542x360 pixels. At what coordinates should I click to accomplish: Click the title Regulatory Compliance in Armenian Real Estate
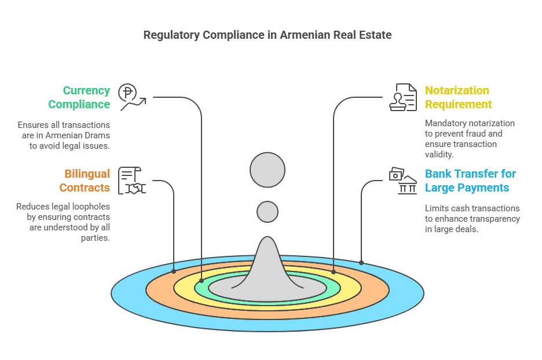tap(267, 35)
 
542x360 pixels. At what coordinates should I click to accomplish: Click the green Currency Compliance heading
tap(79, 97)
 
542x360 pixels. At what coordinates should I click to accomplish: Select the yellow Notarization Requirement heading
tap(458, 97)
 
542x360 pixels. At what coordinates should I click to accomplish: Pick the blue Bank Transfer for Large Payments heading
tap(470, 181)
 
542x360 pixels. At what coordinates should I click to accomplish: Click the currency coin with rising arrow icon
tap(131, 97)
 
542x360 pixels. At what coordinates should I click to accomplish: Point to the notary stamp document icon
tap(403, 97)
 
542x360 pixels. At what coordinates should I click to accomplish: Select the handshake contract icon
tap(132, 181)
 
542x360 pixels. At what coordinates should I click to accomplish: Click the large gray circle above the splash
tap(268, 170)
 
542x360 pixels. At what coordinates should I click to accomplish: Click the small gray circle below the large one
tap(268, 212)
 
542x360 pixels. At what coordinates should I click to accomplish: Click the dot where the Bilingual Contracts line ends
tap(174, 271)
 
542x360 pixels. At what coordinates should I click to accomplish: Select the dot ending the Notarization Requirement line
tap(334, 271)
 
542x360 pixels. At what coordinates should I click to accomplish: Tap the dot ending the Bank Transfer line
tap(361, 263)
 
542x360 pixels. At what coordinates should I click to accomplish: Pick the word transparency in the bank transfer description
tap(494, 219)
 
